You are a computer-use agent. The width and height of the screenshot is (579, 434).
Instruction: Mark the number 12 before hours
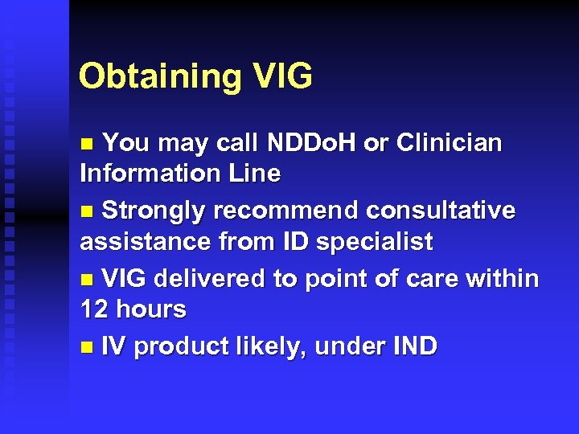click(x=93, y=309)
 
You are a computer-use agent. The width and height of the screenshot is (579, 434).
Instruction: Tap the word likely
click(x=270, y=346)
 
